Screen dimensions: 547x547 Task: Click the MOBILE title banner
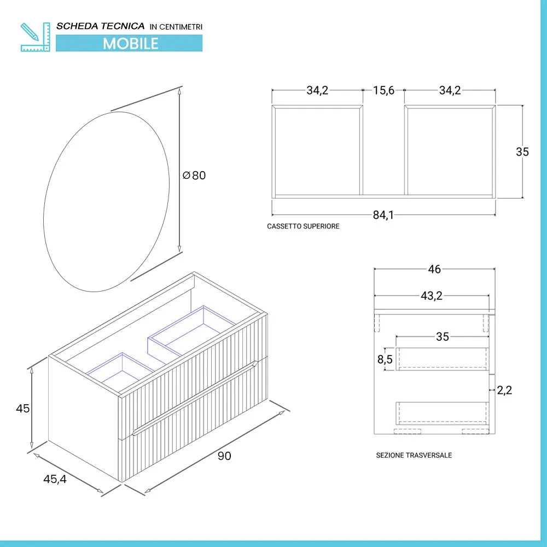(x=130, y=43)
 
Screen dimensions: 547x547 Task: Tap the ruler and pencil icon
(x=35, y=37)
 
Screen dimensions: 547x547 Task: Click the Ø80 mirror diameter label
(x=194, y=176)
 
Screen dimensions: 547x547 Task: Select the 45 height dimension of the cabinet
(x=22, y=408)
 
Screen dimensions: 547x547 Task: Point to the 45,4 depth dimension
(x=55, y=479)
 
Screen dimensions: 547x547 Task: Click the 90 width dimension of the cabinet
(x=224, y=456)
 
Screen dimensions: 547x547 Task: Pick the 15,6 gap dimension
(x=383, y=91)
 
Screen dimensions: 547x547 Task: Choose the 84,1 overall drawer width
(x=383, y=215)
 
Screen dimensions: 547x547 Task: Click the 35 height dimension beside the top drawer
(x=522, y=152)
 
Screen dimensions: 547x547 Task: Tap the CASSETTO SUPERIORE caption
(x=303, y=226)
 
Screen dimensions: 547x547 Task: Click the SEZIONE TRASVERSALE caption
(x=414, y=455)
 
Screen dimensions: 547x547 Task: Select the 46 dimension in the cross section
(x=434, y=269)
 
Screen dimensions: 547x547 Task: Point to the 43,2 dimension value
(x=431, y=296)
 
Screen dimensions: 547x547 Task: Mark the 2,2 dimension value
(x=504, y=390)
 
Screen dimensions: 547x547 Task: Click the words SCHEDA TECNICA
(x=101, y=26)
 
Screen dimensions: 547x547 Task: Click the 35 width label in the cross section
(x=442, y=336)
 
